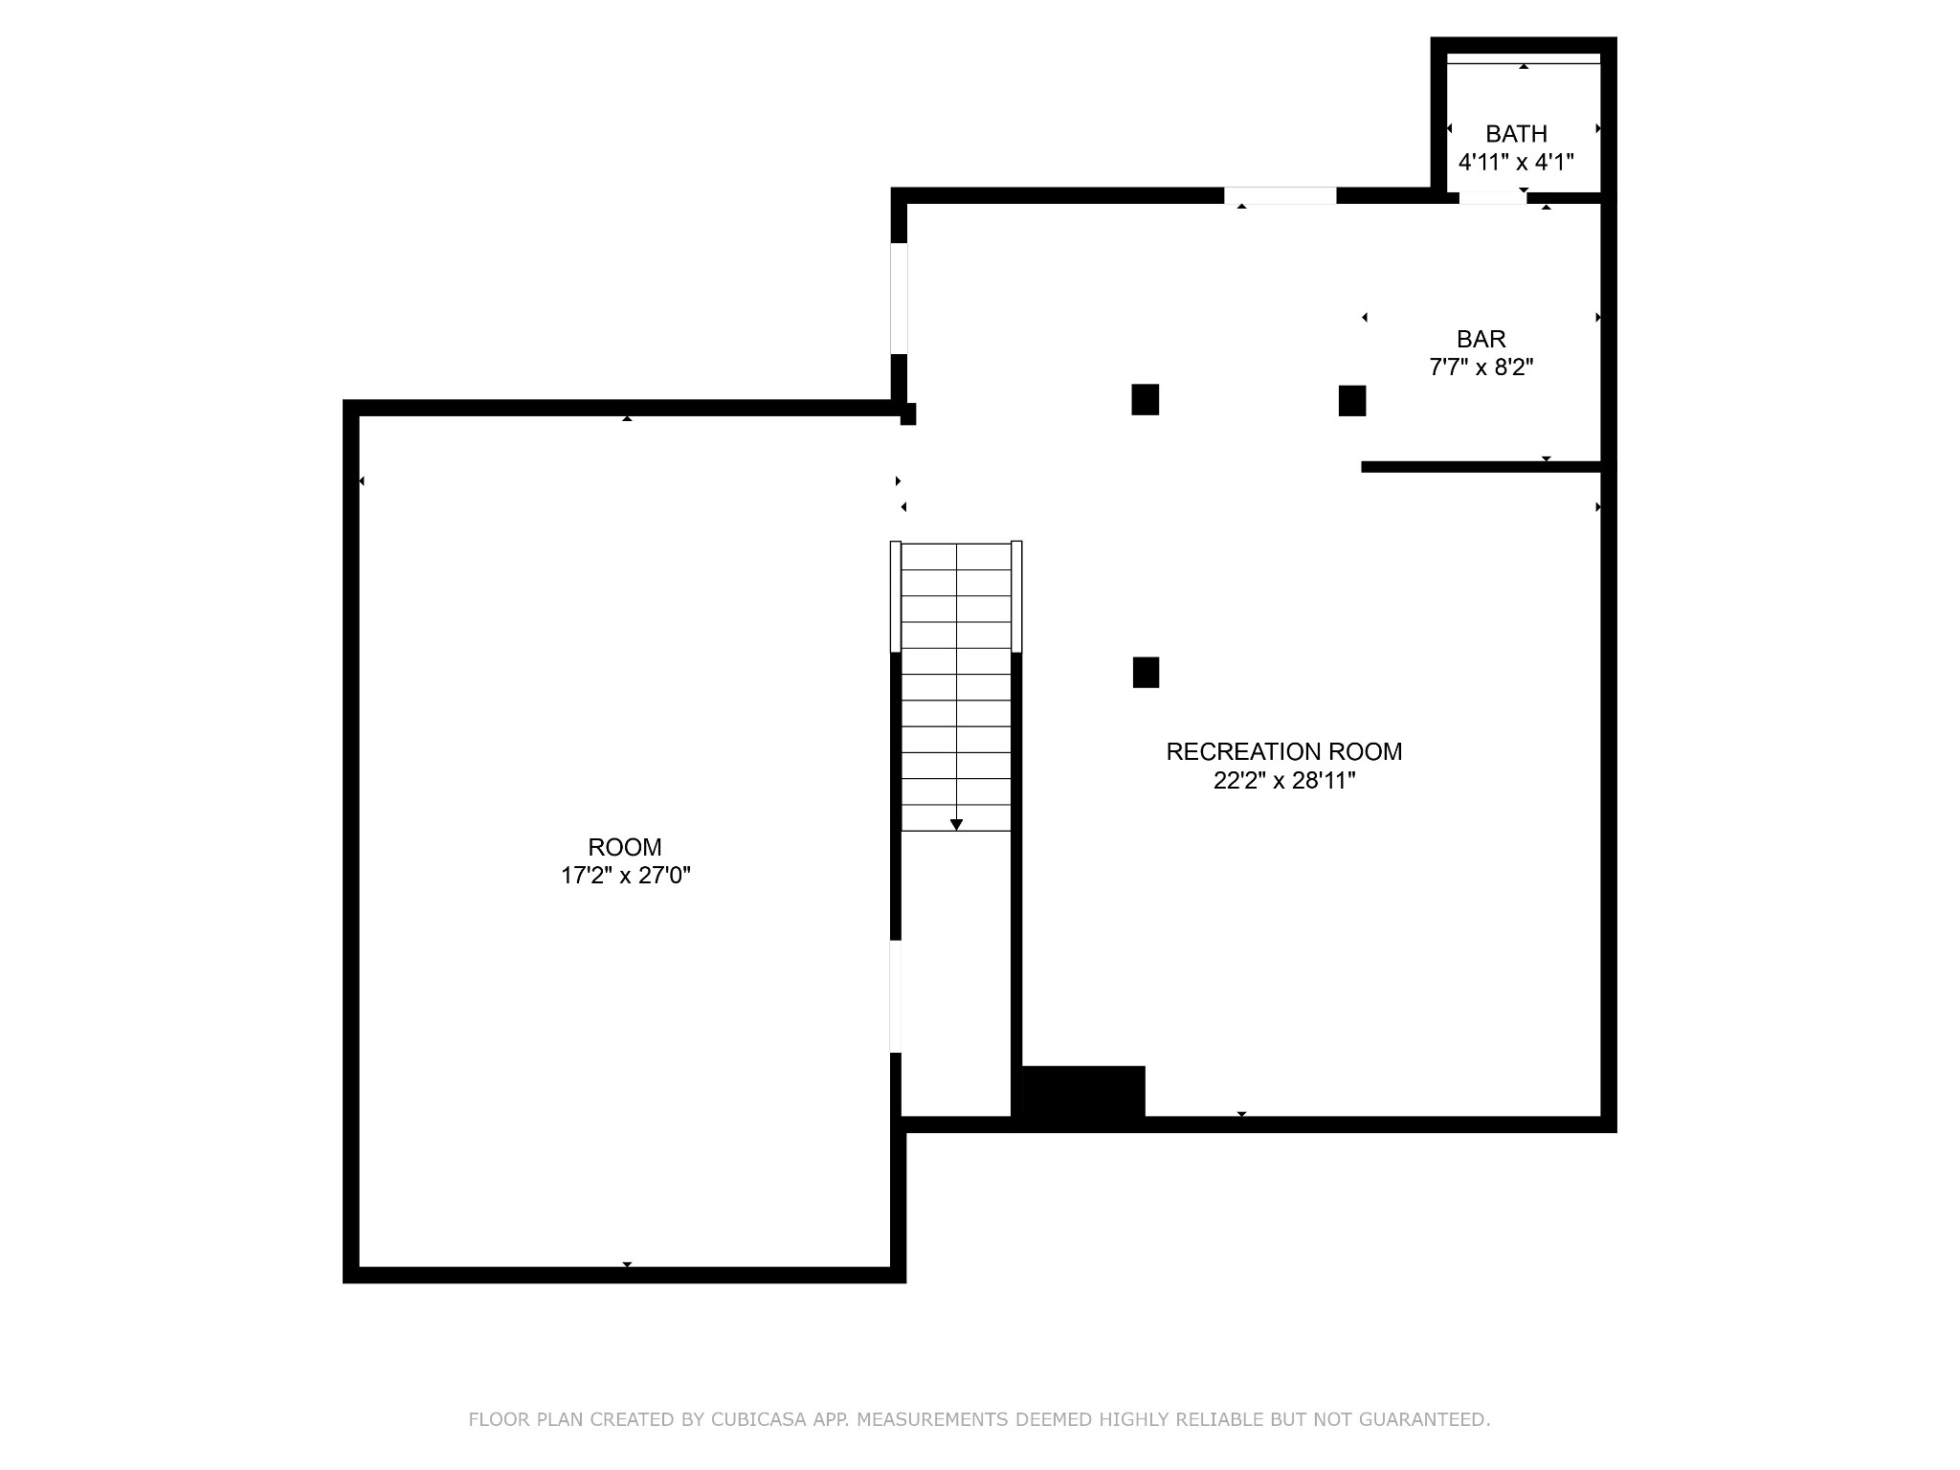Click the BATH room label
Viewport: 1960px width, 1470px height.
[1516, 134]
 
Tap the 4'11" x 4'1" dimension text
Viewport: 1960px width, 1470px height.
[1516, 163]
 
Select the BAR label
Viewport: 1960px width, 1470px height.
[1481, 339]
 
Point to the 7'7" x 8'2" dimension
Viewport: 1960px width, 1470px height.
[1481, 367]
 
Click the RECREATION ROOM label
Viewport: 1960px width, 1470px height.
[1284, 752]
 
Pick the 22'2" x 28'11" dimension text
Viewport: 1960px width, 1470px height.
[1284, 781]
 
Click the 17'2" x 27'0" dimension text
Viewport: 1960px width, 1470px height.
[626, 876]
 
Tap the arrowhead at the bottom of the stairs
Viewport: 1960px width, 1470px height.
[956, 825]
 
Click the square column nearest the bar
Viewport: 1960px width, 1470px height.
[1352, 400]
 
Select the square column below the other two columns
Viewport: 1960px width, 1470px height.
[1146, 673]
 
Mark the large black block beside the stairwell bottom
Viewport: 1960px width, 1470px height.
[1083, 1092]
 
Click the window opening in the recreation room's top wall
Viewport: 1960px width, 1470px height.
[1281, 196]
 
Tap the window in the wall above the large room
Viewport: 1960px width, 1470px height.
[899, 299]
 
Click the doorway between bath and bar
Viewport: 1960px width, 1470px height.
[1493, 198]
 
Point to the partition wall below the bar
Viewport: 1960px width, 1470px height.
[1481, 467]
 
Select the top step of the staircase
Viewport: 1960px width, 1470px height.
[956, 557]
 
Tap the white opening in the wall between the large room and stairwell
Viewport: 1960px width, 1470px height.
[896, 997]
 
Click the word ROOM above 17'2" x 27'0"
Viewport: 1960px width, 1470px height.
[625, 847]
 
